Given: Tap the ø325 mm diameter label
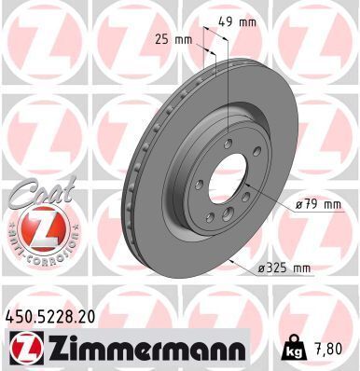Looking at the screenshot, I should point(284,268).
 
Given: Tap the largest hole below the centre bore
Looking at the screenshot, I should point(228,216).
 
